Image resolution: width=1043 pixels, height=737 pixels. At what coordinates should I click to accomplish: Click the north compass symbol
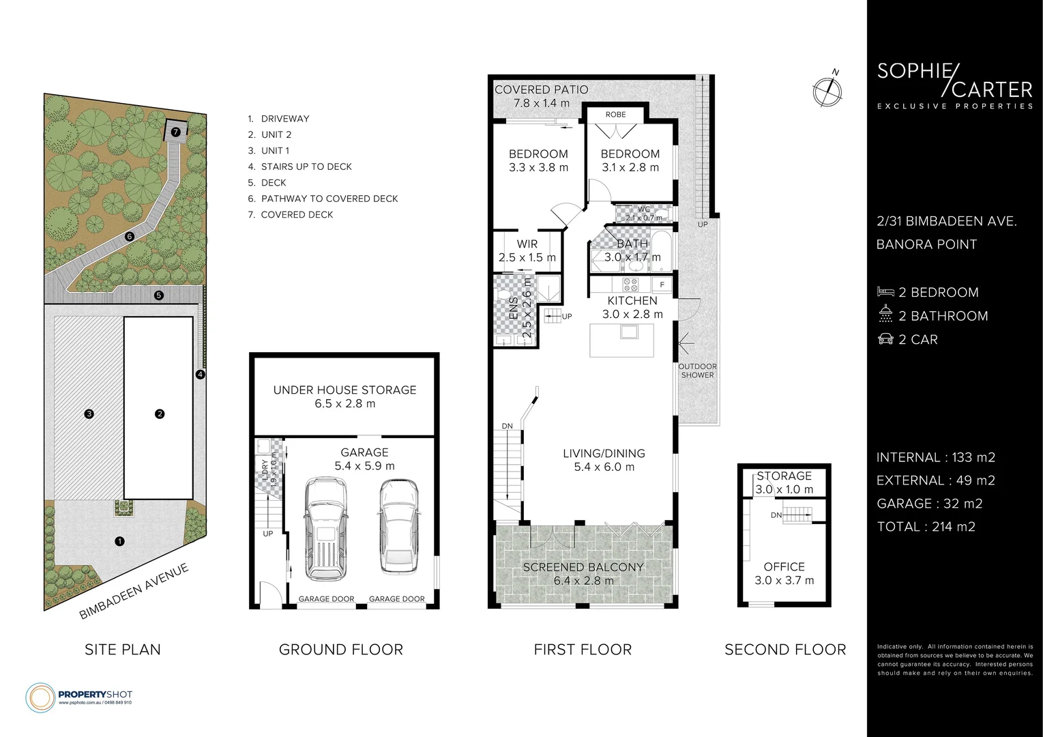click(x=827, y=89)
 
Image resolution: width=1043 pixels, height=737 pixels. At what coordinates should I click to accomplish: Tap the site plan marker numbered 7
click(x=175, y=131)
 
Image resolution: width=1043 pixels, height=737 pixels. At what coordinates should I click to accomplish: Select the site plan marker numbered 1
click(x=120, y=541)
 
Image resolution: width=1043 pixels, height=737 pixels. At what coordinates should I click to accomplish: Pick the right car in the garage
click(x=398, y=526)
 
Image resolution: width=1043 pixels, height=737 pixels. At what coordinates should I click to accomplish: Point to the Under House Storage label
click(x=344, y=396)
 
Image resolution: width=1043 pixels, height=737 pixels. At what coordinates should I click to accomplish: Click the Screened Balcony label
click(x=583, y=574)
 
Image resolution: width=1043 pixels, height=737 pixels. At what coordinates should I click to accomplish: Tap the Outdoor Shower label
click(x=697, y=371)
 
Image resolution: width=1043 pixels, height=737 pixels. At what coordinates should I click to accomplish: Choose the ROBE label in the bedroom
click(x=615, y=115)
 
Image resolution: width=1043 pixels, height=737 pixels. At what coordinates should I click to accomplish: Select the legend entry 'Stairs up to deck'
click(x=306, y=167)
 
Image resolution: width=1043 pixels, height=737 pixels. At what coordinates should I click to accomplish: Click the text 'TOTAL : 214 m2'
click(x=926, y=526)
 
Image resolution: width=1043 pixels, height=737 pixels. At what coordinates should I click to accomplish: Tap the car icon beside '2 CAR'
click(x=885, y=339)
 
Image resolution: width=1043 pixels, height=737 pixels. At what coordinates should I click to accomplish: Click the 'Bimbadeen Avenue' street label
click(x=133, y=591)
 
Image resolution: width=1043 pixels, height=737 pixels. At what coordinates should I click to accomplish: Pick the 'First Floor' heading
click(x=583, y=649)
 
